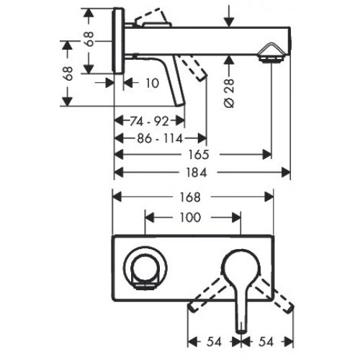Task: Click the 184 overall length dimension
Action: click(200, 172)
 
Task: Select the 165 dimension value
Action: click(200, 154)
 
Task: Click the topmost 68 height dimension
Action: click(89, 40)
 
